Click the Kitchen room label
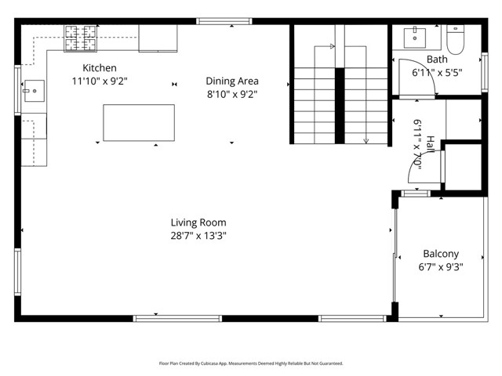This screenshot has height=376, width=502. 100,68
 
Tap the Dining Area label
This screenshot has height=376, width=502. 232,81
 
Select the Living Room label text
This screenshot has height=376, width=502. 198,222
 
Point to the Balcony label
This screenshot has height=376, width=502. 441,254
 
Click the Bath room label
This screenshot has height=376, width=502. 437,60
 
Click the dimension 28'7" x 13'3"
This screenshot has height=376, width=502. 198,236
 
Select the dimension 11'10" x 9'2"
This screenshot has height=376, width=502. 100,81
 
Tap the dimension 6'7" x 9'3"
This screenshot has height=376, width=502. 441,267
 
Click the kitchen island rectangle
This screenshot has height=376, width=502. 139,123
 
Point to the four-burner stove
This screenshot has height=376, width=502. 81,38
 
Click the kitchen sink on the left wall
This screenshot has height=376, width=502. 35,91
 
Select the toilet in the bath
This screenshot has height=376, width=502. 455,39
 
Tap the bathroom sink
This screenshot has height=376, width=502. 415,38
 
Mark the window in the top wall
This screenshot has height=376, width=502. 224,21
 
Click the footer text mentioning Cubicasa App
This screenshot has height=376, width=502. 251,363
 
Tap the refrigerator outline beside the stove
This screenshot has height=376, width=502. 158,38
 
